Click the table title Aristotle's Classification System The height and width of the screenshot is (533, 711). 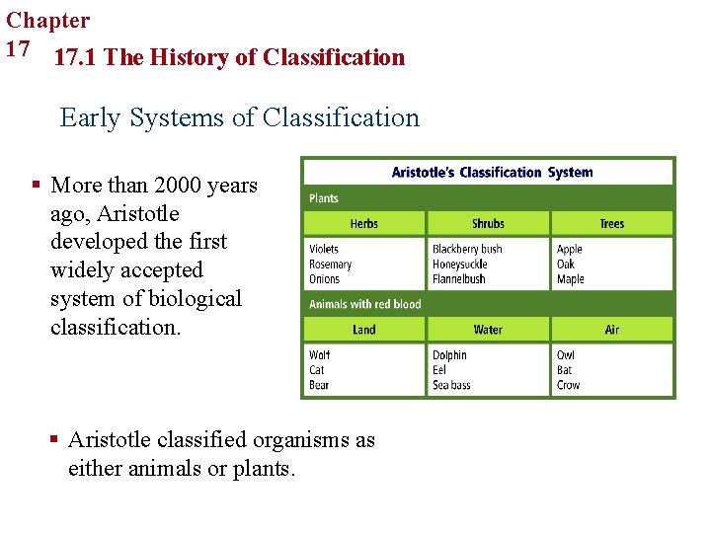click(492, 172)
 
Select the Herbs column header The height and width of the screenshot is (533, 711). click(363, 224)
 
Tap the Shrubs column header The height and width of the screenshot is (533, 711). click(488, 224)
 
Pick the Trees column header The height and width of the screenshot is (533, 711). click(612, 224)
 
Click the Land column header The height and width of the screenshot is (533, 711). click(363, 330)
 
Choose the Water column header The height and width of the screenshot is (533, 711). click(488, 330)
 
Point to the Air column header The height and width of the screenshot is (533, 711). click(612, 330)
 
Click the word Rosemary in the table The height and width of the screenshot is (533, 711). click(331, 265)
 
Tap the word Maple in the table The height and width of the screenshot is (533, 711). click(571, 279)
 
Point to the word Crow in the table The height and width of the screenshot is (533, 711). click(568, 385)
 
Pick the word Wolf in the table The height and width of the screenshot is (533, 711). click(320, 355)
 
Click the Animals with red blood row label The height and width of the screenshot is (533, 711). click(364, 304)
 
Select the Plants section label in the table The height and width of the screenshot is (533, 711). click(324, 198)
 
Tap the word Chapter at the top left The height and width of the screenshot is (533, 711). click(47, 20)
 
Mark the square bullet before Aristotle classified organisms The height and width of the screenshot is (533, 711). click(52, 439)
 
